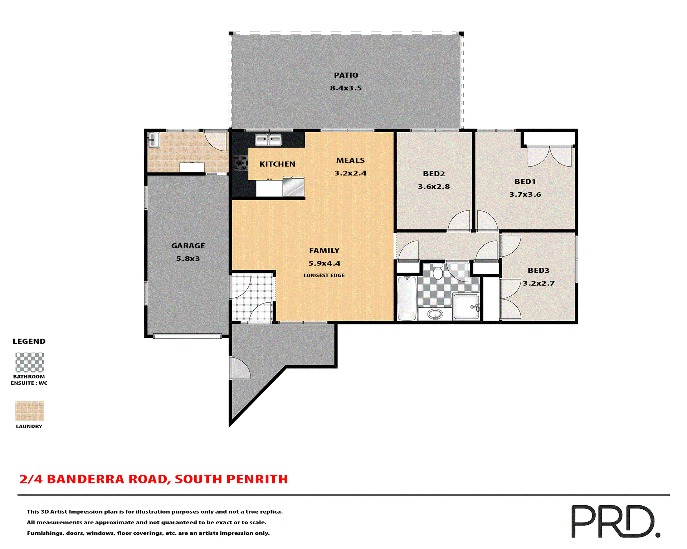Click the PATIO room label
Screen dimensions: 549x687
(x=346, y=75)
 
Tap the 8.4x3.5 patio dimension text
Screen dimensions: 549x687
(x=346, y=88)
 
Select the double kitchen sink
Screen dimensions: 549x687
(x=268, y=140)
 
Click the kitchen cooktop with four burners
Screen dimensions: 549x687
(x=240, y=163)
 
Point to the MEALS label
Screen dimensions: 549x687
(x=350, y=160)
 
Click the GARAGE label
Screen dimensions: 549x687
(x=188, y=246)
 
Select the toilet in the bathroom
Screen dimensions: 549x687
(x=437, y=272)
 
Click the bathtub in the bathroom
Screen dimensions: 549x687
(x=407, y=298)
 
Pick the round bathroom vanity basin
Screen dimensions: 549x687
(x=435, y=315)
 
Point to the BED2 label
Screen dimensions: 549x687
(x=434, y=174)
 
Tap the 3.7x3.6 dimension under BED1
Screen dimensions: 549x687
(x=525, y=194)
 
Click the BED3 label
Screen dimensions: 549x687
(x=538, y=271)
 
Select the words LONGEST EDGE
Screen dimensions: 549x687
(x=324, y=275)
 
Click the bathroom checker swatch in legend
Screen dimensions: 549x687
(x=29, y=362)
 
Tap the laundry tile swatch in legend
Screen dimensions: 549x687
(x=29, y=411)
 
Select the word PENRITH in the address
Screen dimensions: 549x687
(x=257, y=479)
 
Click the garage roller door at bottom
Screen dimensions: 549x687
(x=187, y=336)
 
